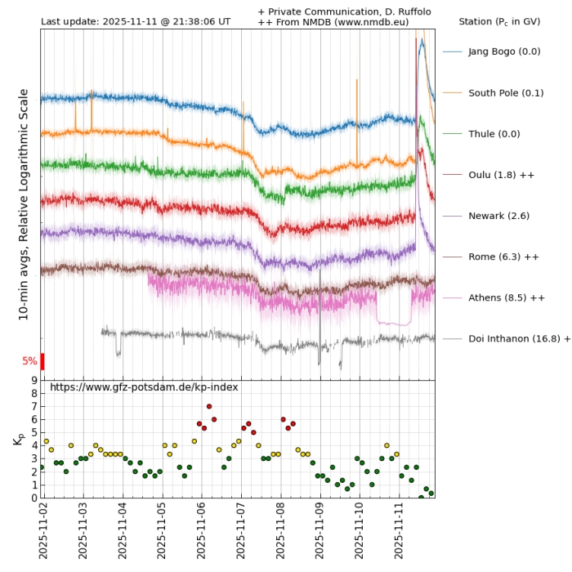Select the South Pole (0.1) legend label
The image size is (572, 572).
[x=506, y=92]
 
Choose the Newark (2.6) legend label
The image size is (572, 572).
[x=498, y=216]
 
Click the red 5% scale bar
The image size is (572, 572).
[x=42, y=360]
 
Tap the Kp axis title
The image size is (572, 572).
[x=18, y=439]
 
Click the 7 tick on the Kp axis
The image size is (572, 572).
[x=34, y=406]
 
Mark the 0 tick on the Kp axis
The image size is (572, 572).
[x=34, y=498]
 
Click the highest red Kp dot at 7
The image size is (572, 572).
[x=209, y=406]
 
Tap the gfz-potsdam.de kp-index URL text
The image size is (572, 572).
[x=144, y=387]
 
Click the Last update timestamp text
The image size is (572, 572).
[x=136, y=21]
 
